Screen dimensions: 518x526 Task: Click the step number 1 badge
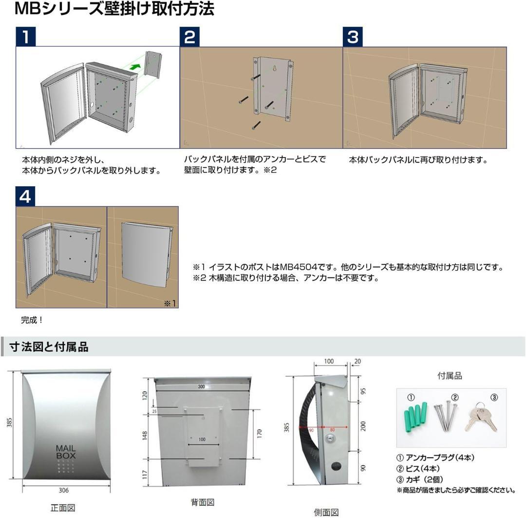[x=25, y=37]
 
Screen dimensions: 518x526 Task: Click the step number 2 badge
[x=189, y=37]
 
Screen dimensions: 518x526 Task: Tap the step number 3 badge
[x=353, y=37]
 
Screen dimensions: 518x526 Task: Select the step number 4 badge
[x=25, y=196]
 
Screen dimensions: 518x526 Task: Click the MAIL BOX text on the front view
[x=66, y=452]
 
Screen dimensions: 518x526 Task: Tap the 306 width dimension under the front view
[x=64, y=490]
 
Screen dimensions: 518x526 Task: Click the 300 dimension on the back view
[x=201, y=387]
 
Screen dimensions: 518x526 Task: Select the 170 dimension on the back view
[x=259, y=432]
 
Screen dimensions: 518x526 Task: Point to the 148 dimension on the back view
[x=144, y=435]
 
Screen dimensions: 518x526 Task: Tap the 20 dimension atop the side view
[x=358, y=361]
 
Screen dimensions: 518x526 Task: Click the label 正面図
[x=63, y=508]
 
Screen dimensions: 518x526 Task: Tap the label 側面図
[x=326, y=512]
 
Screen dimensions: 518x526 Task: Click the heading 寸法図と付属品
[x=49, y=346]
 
